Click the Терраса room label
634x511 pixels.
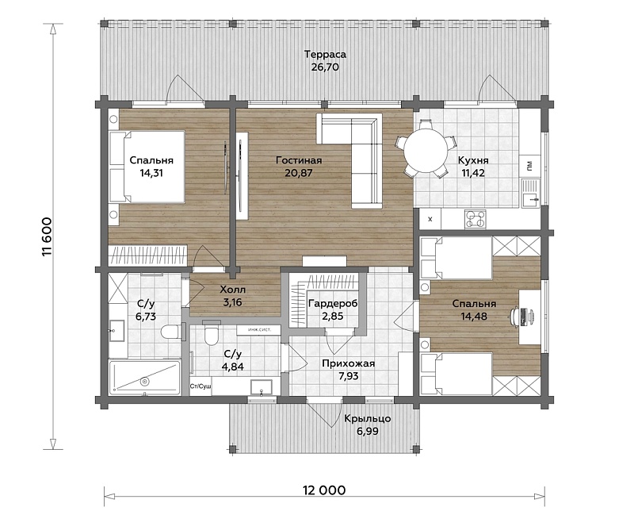pos(325,54)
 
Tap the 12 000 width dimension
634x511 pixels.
pos(324,490)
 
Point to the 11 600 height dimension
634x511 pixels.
pos(47,237)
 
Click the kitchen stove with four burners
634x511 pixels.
pos(475,220)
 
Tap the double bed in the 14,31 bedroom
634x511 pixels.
pos(147,167)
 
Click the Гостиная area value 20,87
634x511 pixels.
pos(299,173)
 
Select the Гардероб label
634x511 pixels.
pos(333,303)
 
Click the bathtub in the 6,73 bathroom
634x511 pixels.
pos(144,378)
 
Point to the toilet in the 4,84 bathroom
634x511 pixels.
pos(211,332)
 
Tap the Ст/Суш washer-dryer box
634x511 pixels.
pos(201,386)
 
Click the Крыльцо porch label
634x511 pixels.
pos(368,418)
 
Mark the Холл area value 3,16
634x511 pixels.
pos(232,302)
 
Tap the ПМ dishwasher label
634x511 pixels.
pos(529,165)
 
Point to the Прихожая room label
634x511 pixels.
pos(348,363)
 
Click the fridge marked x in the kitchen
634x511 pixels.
pos(430,219)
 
